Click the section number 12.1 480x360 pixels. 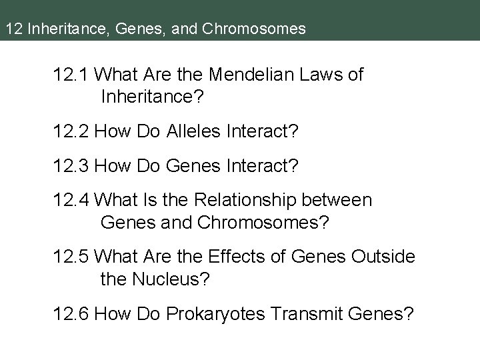tap(71, 75)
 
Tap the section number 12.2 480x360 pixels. tap(71, 133)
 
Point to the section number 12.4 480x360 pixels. tap(71, 200)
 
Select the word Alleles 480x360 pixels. tap(186, 133)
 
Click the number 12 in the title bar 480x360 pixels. tap(11, 29)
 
